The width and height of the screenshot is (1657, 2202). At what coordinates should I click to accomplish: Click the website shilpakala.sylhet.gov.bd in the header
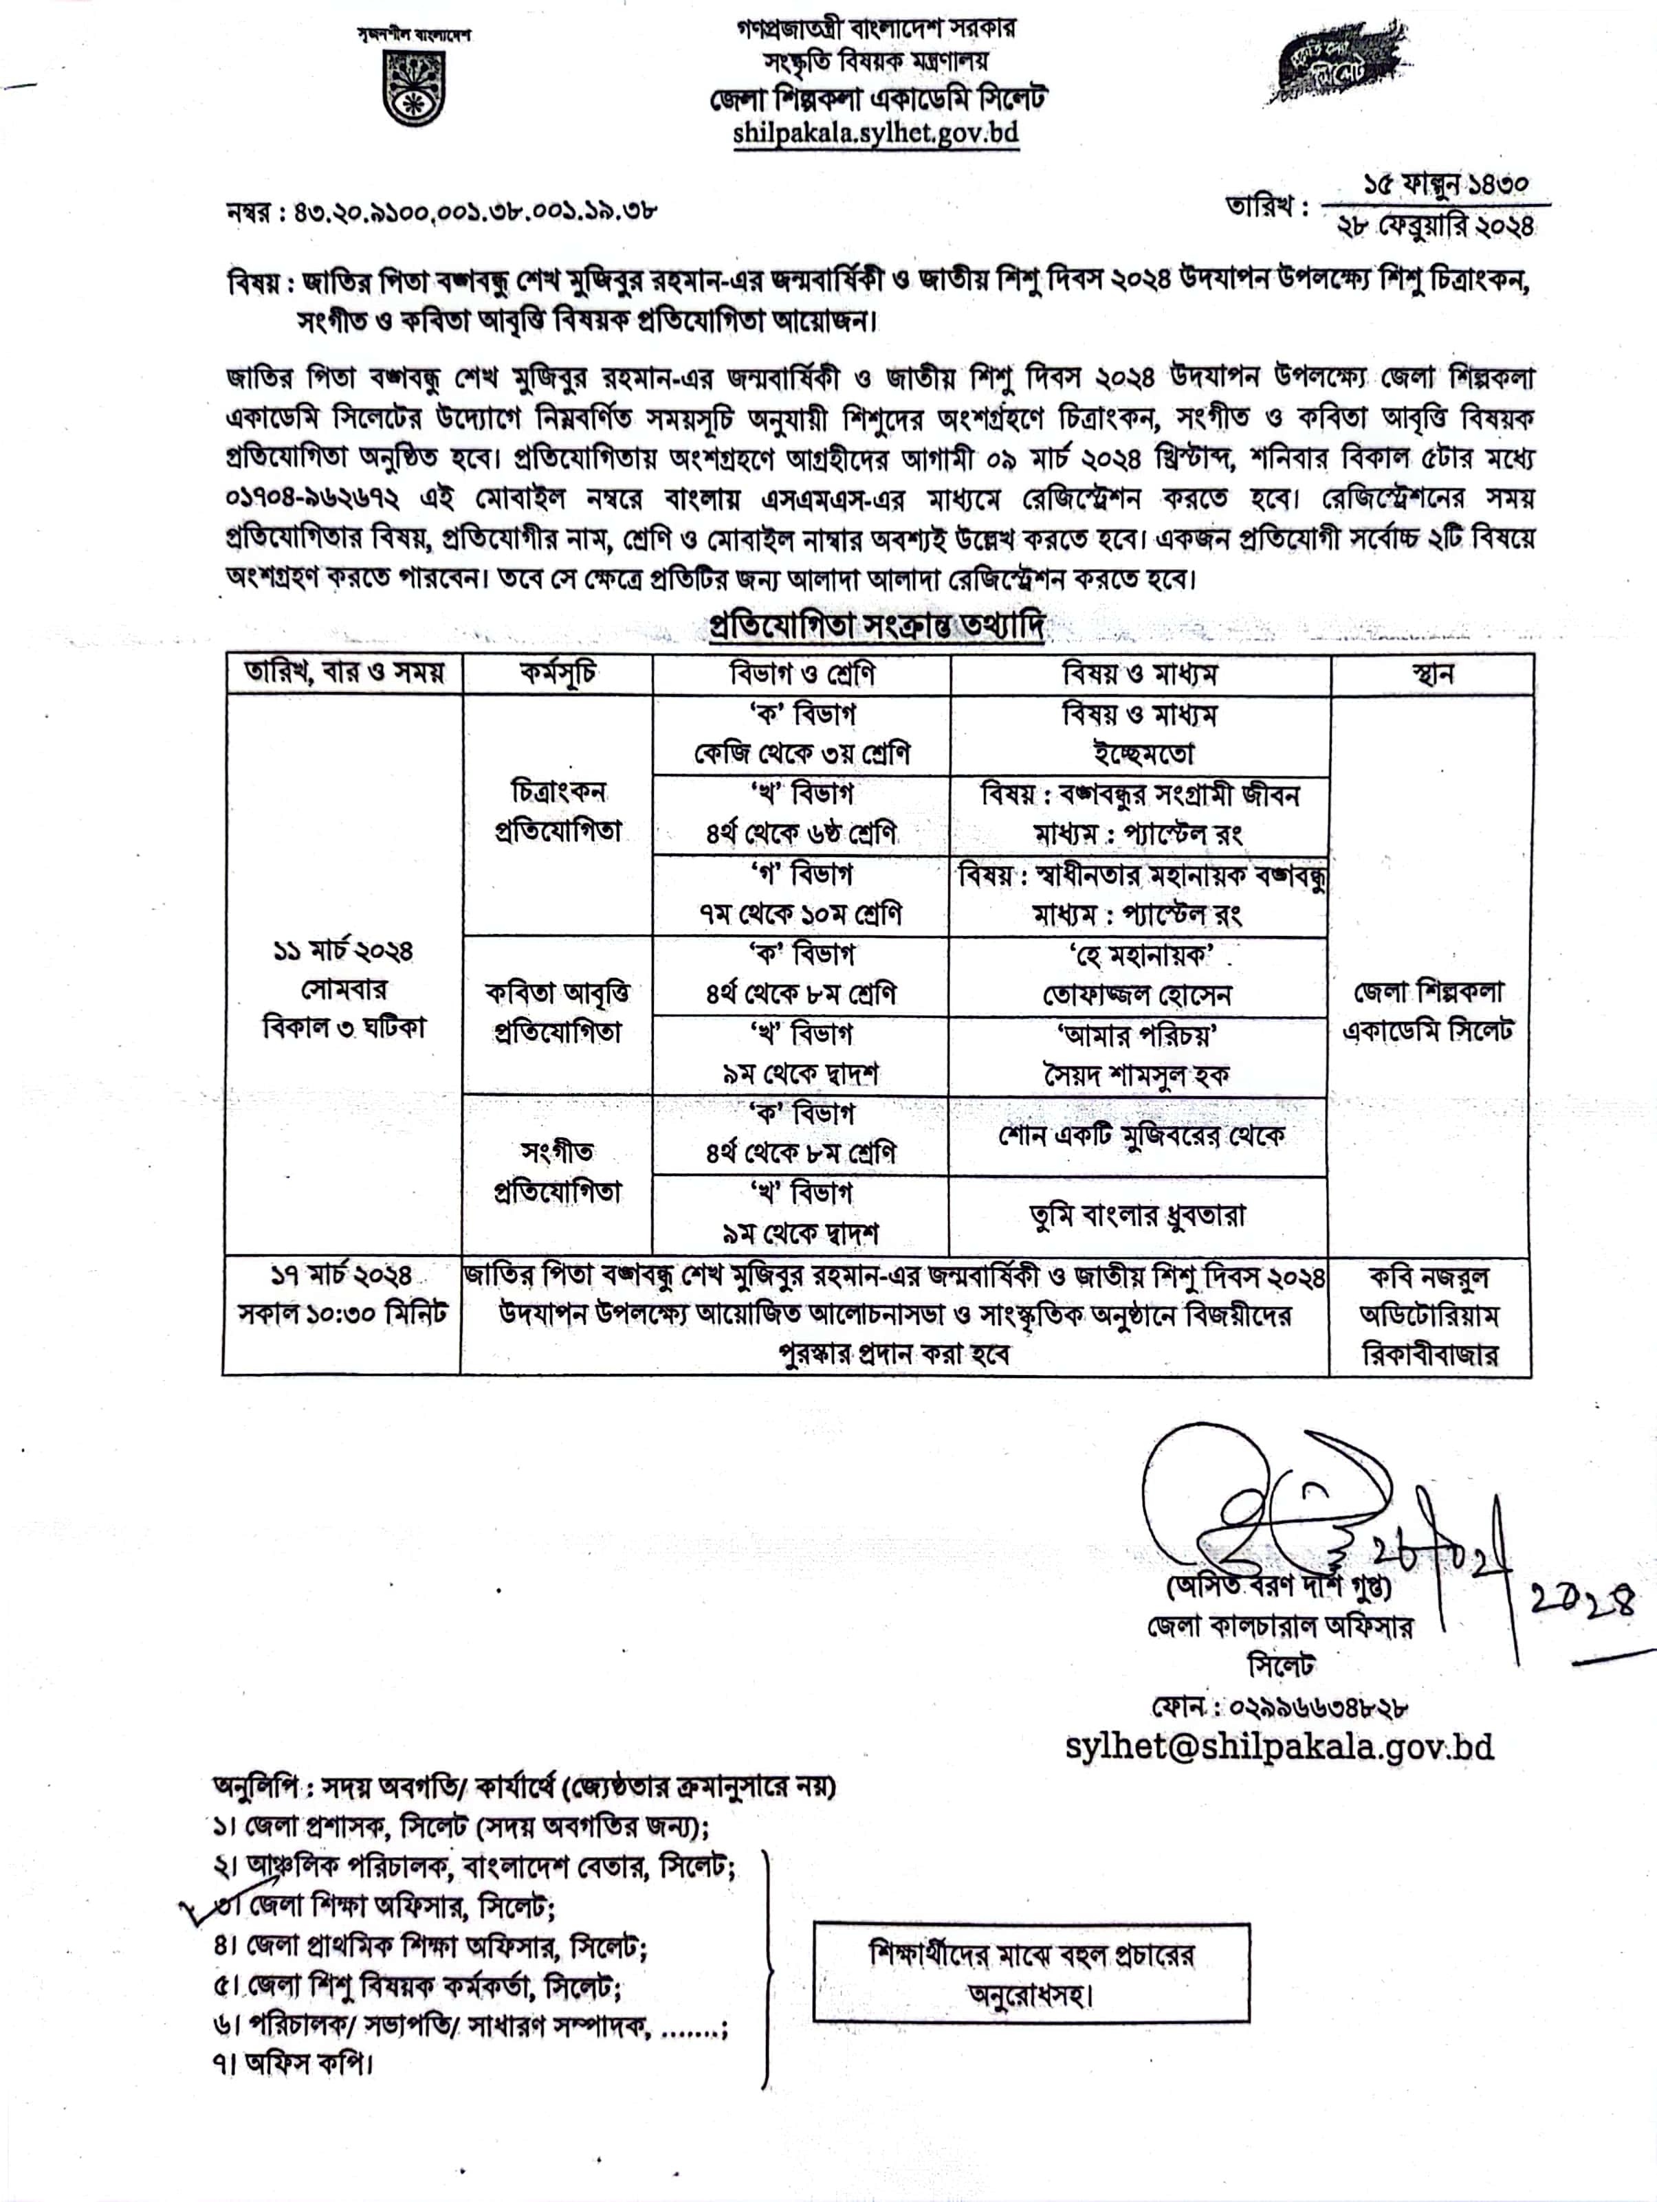tap(875, 133)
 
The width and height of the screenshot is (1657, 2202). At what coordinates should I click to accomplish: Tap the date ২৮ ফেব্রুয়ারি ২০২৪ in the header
tap(1435, 227)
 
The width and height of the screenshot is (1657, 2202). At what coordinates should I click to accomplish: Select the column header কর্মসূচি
tap(558, 674)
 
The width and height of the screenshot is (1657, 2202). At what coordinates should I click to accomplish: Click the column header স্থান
tap(1431, 674)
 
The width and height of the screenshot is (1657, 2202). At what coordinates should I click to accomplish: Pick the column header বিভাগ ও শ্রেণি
tap(802, 674)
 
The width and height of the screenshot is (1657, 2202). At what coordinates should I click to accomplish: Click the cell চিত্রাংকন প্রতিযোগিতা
tap(558, 811)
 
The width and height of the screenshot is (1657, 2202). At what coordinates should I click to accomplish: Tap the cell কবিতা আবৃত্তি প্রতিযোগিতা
tap(558, 1012)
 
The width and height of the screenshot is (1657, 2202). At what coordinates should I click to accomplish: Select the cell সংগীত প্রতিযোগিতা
tap(558, 1172)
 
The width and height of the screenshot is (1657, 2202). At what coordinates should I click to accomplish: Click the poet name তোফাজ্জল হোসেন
tap(1137, 995)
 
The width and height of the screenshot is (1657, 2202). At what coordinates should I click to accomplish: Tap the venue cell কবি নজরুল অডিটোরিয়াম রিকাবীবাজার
tap(1430, 1315)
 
